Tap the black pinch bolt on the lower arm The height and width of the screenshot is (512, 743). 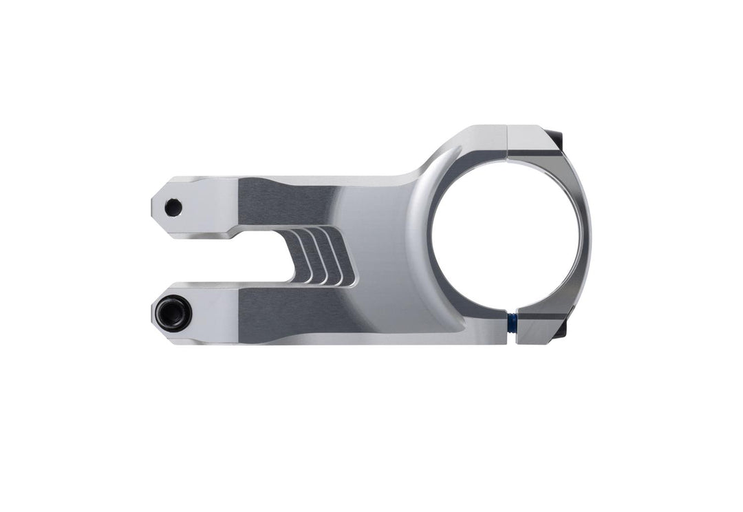point(172,312)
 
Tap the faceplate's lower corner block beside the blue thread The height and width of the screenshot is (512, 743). point(538,328)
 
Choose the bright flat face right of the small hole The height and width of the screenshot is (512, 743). point(210,206)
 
